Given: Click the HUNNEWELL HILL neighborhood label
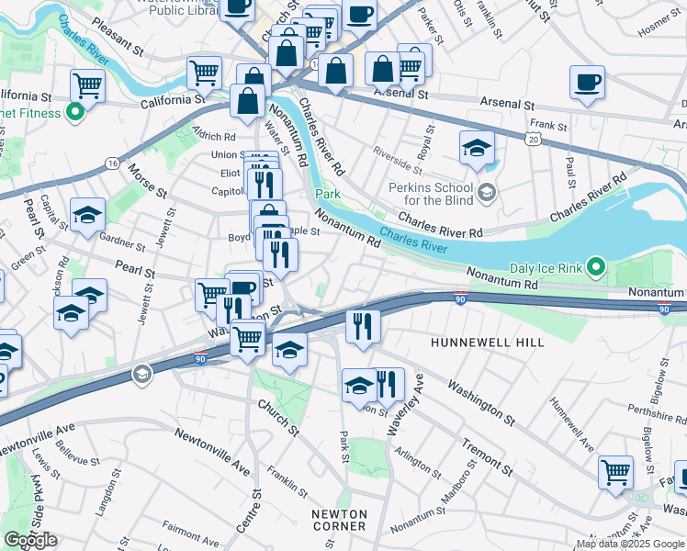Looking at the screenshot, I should click(487, 343).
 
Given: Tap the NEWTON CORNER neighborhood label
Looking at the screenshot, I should click(339, 520).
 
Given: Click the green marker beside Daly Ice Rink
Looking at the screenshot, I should click(596, 268).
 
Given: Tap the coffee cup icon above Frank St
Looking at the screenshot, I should click(586, 84).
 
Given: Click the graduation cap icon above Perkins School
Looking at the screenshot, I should click(477, 149).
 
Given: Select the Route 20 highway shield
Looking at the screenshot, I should click(534, 139).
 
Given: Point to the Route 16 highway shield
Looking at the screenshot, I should click(112, 163).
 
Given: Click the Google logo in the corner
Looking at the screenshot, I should click(30, 540).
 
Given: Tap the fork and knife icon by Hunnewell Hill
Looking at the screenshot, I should click(363, 326).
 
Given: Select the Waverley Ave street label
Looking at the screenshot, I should click(416, 394).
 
